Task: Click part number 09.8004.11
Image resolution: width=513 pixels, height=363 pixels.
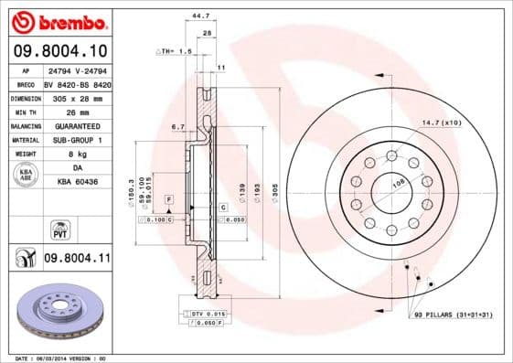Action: click(x=76, y=260)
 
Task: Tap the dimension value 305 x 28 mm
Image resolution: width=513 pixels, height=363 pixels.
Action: click(x=76, y=97)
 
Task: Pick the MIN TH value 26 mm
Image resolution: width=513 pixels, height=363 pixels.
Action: click(x=76, y=111)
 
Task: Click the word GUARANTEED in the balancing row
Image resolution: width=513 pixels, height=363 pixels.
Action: click(x=76, y=125)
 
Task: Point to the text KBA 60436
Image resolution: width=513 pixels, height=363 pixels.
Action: click(x=76, y=182)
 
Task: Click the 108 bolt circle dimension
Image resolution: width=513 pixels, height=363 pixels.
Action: click(x=398, y=184)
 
